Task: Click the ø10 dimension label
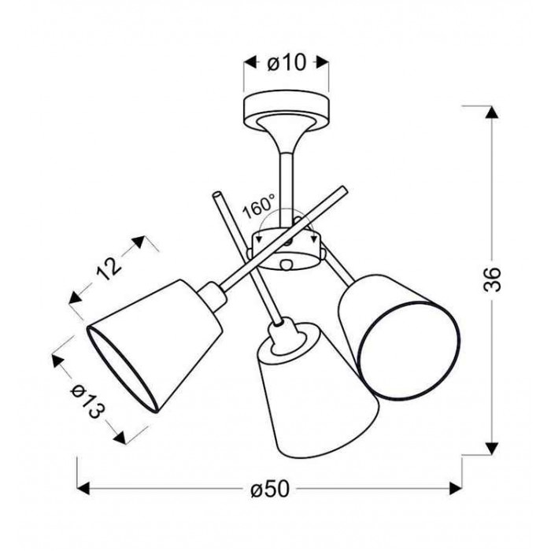(287, 63)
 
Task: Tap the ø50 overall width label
(270, 489)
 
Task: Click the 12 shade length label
(109, 268)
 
